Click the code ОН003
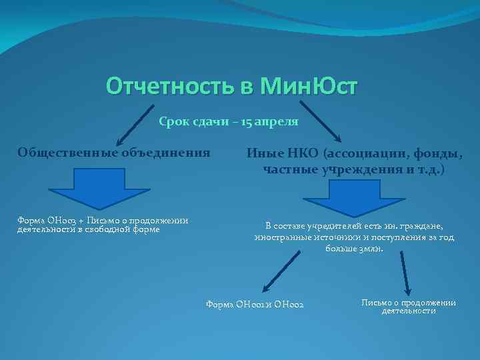[x=58, y=221]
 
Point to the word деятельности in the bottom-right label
[x=408, y=311]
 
